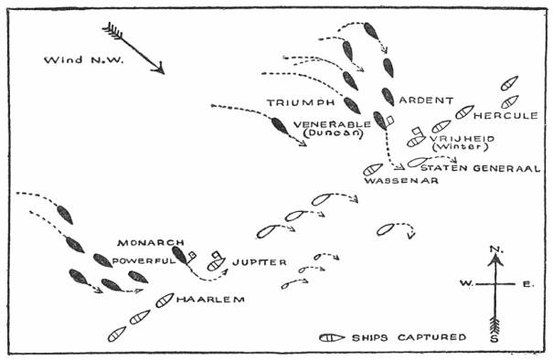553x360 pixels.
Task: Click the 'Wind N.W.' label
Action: [x=73, y=60]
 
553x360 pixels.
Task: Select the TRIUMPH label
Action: [x=296, y=100]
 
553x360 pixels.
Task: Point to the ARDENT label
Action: [x=422, y=100]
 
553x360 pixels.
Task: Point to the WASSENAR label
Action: [x=401, y=181]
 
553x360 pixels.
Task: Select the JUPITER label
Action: [x=261, y=263]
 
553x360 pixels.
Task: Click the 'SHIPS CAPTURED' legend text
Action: [x=409, y=336]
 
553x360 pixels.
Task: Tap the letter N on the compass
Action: [x=495, y=249]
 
